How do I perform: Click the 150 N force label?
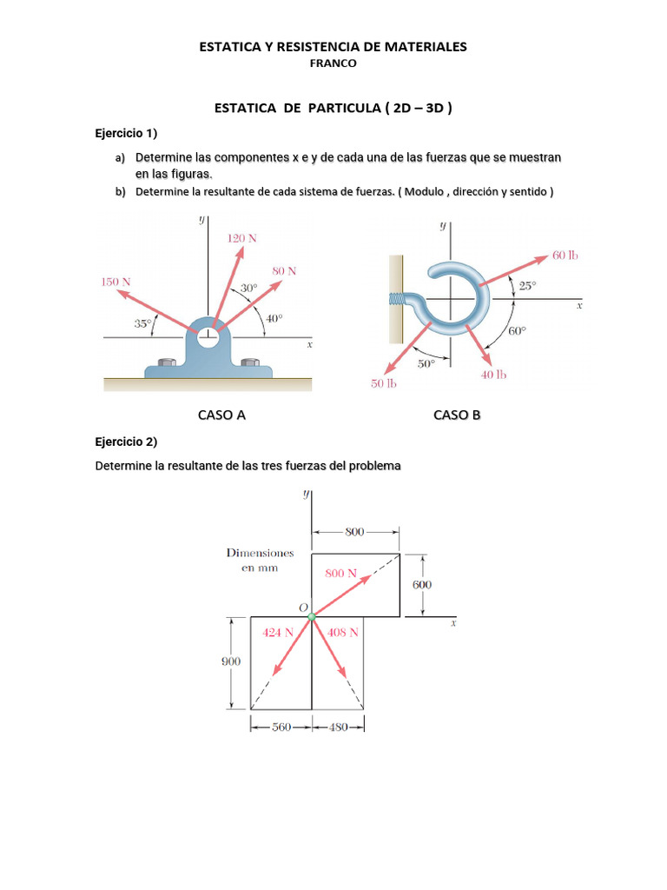tap(116, 282)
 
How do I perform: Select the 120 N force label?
tap(241, 238)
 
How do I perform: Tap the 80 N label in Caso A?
tap(283, 271)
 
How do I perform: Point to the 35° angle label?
tap(143, 322)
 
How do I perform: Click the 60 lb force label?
tap(565, 256)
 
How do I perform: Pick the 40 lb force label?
tap(493, 375)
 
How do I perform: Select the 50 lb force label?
tap(383, 384)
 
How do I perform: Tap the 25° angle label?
tap(527, 285)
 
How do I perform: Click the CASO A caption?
tap(221, 415)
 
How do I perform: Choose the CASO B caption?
tap(457, 415)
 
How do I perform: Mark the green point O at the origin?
tap(312, 616)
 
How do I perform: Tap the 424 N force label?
tap(279, 633)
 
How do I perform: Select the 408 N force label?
tap(341, 633)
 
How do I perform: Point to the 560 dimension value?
tap(280, 727)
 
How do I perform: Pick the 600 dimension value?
tap(421, 585)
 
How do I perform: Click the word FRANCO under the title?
tap(333, 63)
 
